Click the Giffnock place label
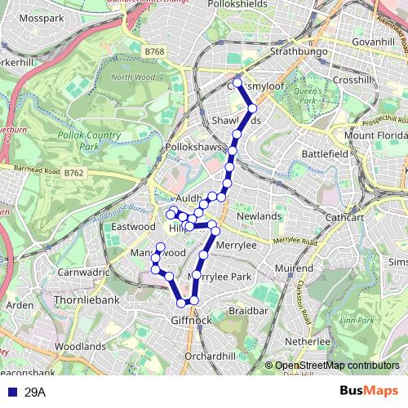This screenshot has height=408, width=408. tap(191, 321)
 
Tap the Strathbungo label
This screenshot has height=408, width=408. tap(299, 52)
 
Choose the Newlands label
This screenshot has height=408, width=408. tap(259, 216)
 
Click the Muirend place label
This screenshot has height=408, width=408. tap(294, 268)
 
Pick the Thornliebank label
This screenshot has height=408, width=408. tap(86, 300)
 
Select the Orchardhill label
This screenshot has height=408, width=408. tap(210, 357)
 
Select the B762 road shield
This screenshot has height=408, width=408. tap(74, 172)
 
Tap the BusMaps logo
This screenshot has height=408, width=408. tap(367, 392)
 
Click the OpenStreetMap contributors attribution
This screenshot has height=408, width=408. tap(336, 366)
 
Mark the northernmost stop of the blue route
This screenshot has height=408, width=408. tap(237, 83)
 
